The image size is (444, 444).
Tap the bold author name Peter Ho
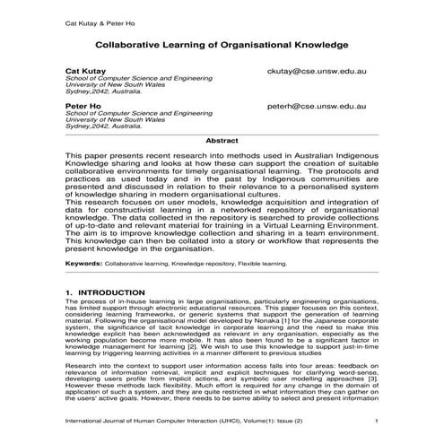click(x=83, y=105)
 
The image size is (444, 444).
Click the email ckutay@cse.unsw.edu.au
click(x=320, y=69)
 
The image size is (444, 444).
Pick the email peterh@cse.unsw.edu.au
click(x=318, y=105)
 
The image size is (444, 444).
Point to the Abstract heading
click(x=222, y=141)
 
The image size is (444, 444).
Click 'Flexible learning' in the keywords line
click(x=258, y=265)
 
